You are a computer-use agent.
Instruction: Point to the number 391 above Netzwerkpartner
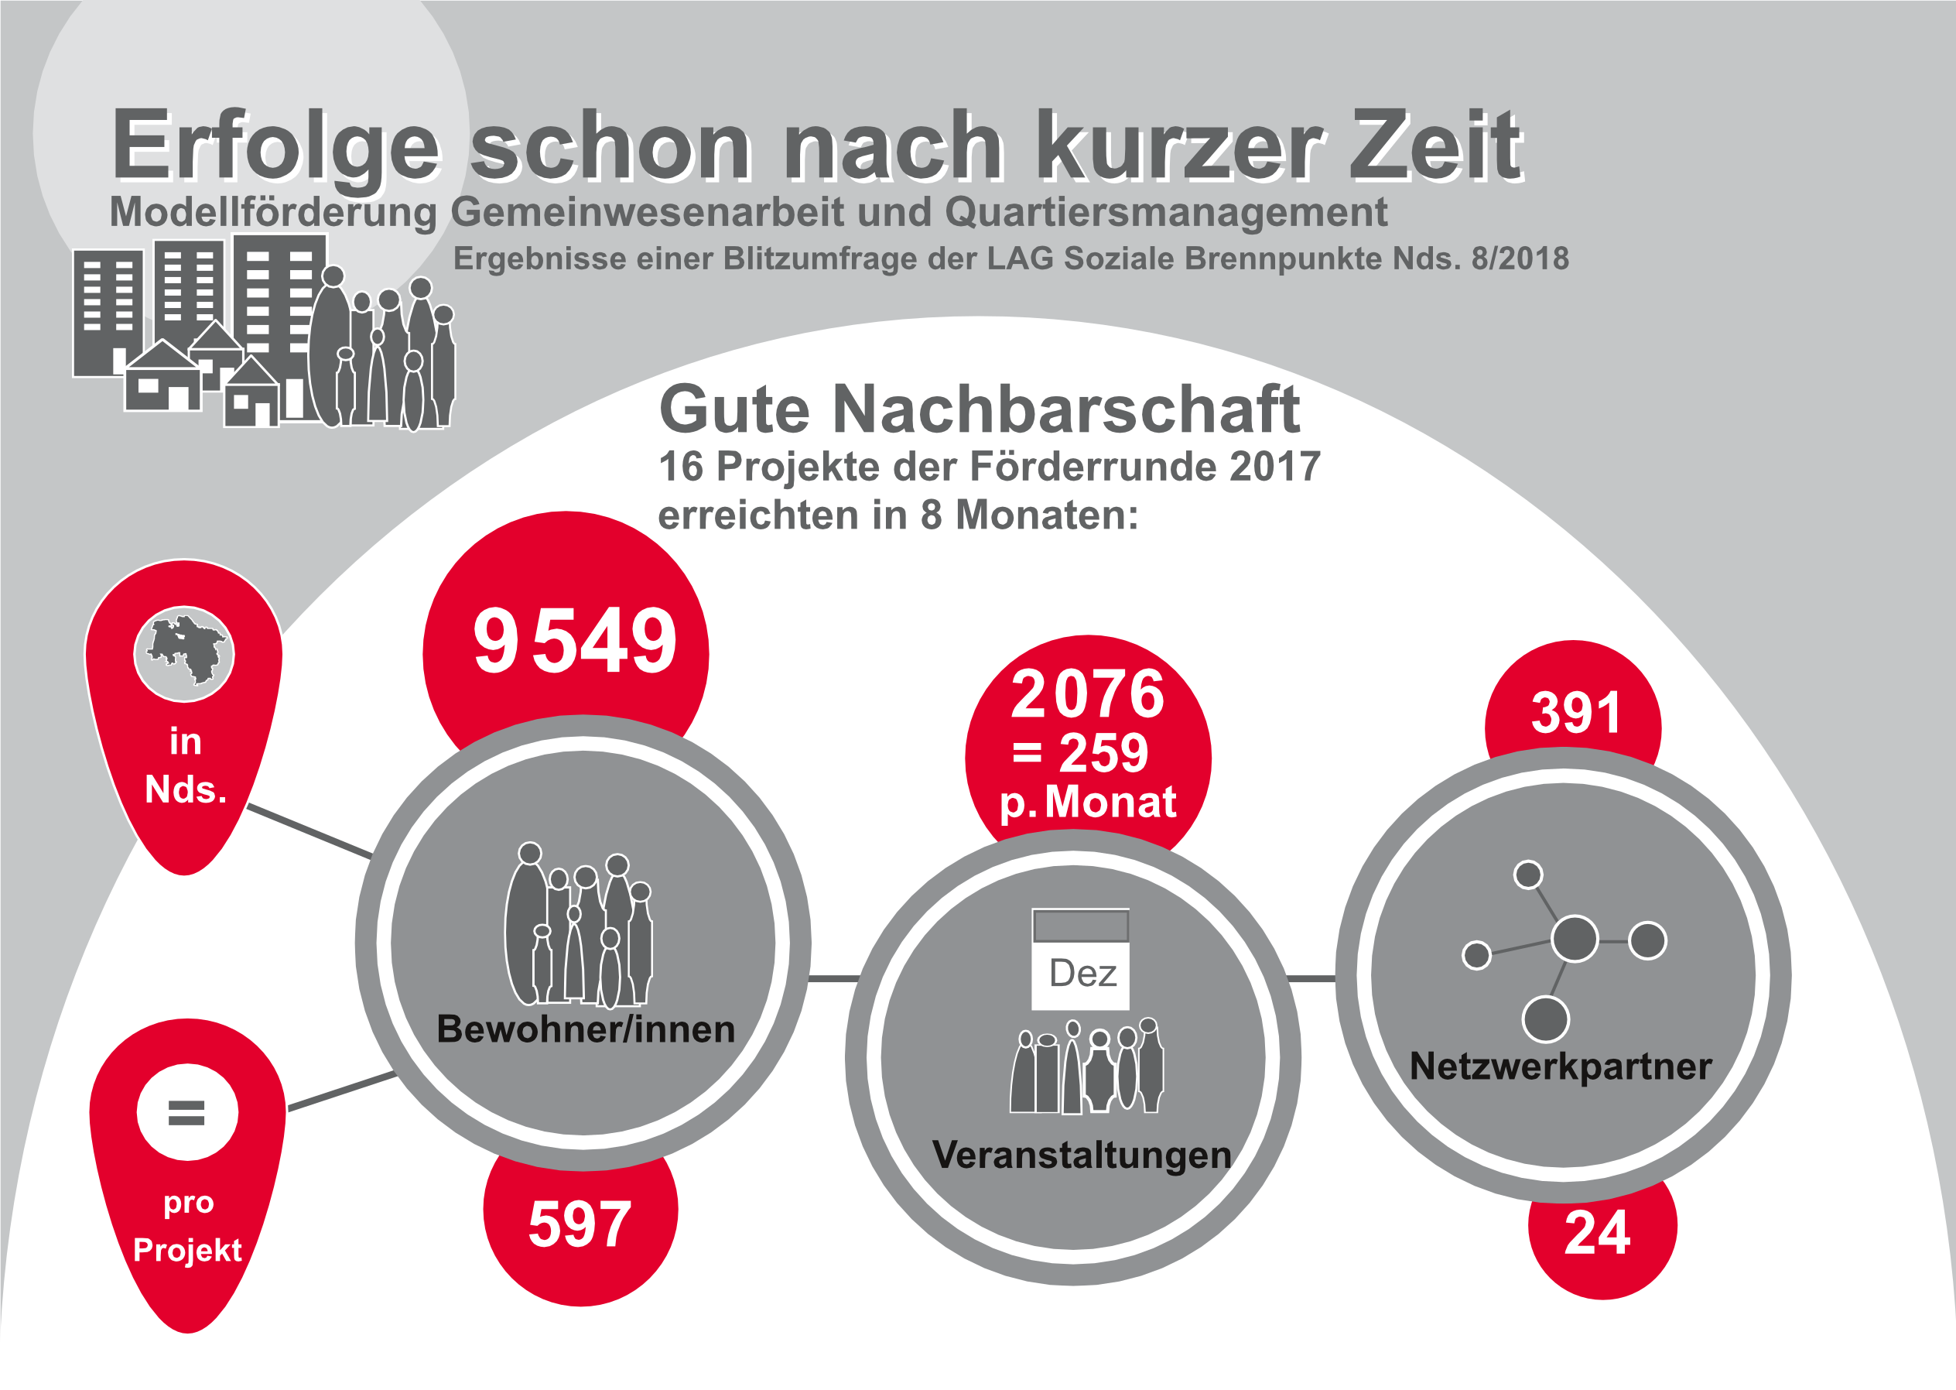pyautogui.click(x=1575, y=712)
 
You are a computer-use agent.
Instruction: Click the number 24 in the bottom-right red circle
pyautogui.click(x=1597, y=1234)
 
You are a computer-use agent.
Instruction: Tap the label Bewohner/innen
pyautogui.click(x=585, y=1029)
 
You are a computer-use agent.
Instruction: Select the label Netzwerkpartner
pyautogui.click(x=1561, y=1066)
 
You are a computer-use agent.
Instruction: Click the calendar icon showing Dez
pyautogui.click(x=1081, y=959)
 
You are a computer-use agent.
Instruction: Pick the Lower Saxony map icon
pyautogui.click(x=185, y=653)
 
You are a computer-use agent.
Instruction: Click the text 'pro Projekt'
pyautogui.click(x=187, y=1226)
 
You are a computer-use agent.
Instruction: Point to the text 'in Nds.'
pyautogui.click(x=186, y=765)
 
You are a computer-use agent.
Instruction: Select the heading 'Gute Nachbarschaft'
pyautogui.click(x=979, y=410)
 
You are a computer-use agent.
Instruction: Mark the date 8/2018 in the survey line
pyautogui.click(x=1520, y=258)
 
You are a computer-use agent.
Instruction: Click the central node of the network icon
pyautogui.click(x=1575, y=938)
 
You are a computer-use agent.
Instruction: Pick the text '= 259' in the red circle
pyautogui.click(x=1080, y=753)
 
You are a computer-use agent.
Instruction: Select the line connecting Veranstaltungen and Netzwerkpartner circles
pyautogui.click(x=1311, y=977)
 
